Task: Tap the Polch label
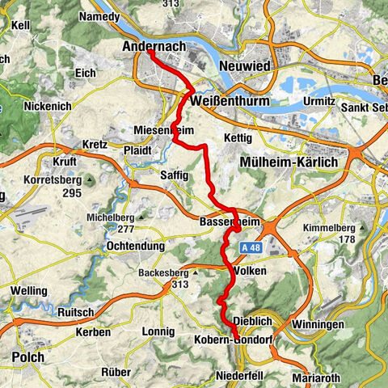pos(24,356)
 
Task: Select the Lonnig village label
pos(158,331)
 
